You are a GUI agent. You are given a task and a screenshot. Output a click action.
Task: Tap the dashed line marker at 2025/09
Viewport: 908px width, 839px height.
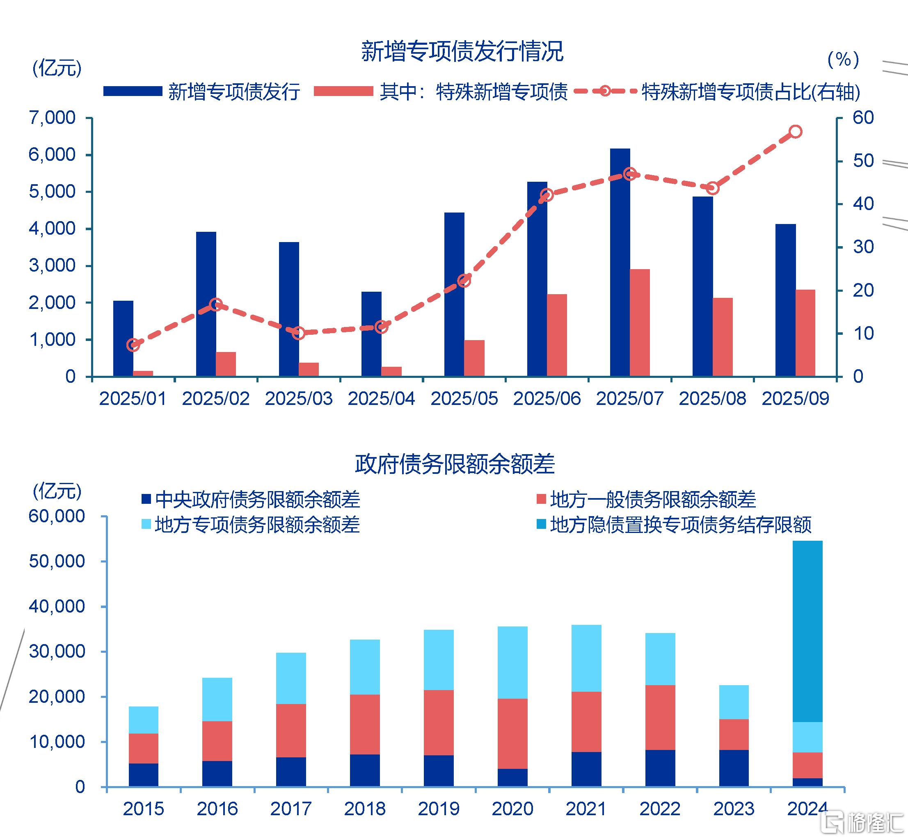tap(796, 132)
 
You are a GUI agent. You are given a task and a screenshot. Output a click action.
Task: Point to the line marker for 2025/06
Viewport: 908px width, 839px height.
tap(547, 195)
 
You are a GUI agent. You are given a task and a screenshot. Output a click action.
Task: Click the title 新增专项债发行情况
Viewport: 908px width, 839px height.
tap(462, 51)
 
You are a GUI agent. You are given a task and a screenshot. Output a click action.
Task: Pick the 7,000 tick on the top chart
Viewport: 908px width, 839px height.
tap(52, 118)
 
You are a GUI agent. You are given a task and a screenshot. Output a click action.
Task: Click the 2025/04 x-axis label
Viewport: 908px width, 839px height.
tap(381, 399)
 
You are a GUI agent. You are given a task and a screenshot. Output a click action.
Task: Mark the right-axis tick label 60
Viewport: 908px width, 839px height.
tap(862, 118)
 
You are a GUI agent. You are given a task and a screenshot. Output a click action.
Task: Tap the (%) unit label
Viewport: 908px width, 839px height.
tap(843, 59)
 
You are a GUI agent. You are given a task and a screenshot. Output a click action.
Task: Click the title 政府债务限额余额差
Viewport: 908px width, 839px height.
tap(455, 464)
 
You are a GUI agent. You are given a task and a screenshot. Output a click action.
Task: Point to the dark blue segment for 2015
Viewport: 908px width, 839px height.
tap(144, 775)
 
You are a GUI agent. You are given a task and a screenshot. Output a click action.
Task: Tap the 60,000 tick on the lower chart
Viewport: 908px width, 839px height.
tap(56, 516)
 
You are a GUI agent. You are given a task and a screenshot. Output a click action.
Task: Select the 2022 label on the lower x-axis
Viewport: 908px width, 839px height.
tap(660, 809)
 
